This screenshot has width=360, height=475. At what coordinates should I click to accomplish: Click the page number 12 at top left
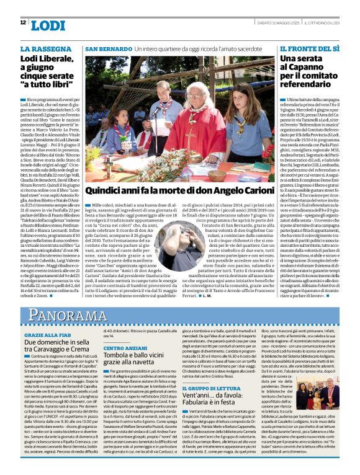click(x=23, y=23)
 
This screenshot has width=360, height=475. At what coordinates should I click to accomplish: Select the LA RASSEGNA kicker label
click(x=42, y=48)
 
